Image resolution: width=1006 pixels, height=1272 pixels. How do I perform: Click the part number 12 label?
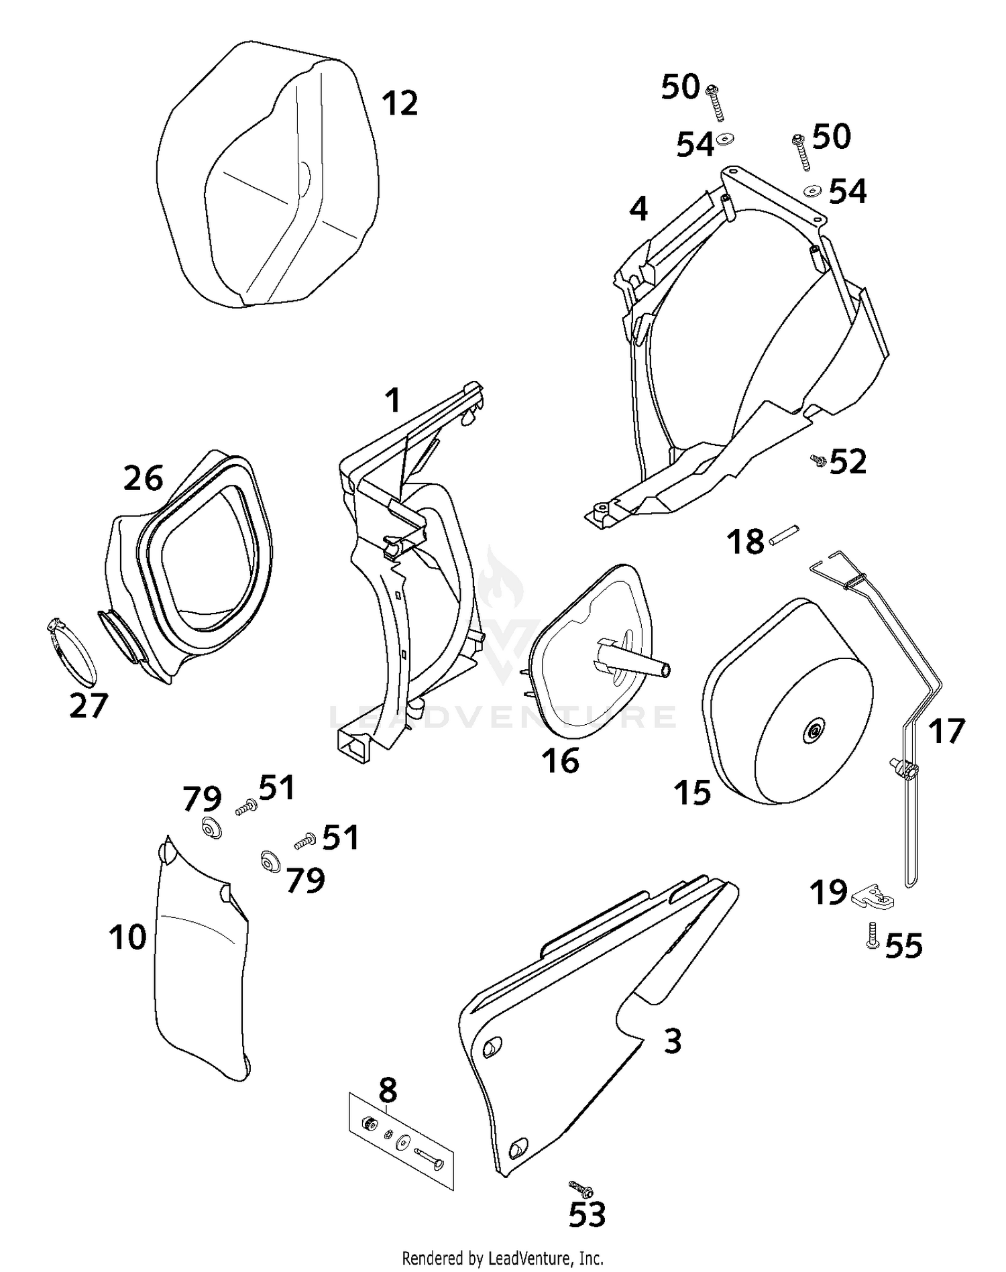pyautogui.click(x=400, y=103)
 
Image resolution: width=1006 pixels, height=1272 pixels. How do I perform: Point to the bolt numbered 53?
pyautogui.click(x=580, y=1189)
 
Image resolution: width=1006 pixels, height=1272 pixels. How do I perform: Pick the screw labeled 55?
pyautogui.click(x=873, y=935)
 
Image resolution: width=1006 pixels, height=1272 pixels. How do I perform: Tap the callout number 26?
pyautogui.click(x=143, y=478)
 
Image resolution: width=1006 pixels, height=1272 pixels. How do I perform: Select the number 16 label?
pyautogui.click(x=561, y=760)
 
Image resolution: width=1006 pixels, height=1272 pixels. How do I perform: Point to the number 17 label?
pyautogui.click(x=946, y=731)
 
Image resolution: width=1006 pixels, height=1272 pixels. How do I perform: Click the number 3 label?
pyautogui.click(x=672, y=1041)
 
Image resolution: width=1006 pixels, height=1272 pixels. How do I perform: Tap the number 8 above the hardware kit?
pyautogui.click(x=388, y=1091)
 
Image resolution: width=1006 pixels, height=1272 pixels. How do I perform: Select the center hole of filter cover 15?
pyautogui.click(x=814, y=733)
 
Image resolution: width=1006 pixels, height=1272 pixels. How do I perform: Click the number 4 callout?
pyautogui.click(x=638, y=209)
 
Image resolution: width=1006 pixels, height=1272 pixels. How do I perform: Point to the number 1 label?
pyautogui.click(x=393, y=401)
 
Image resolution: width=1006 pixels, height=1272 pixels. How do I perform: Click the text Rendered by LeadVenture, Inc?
pyautogui.click(x=502, y=1257)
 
